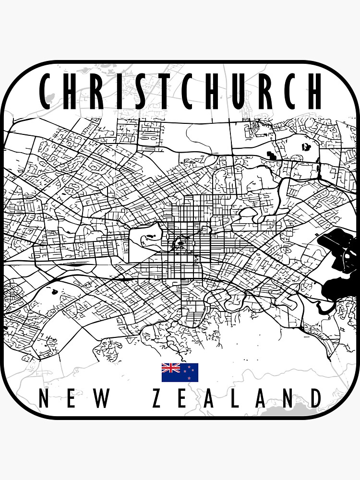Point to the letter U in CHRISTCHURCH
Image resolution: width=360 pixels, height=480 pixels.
(239, 91)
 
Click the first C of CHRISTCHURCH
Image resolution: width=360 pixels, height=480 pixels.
(47, 91)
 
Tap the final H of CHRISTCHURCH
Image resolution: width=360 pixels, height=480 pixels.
(313, 91)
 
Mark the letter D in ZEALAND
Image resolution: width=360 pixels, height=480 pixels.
(315, 398)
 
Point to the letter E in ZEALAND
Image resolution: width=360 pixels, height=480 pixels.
(183, 398)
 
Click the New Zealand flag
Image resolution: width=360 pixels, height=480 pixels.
(180, 372)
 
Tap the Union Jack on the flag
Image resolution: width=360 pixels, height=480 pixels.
(170, 368)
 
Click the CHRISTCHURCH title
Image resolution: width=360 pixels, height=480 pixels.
(180, 91)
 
